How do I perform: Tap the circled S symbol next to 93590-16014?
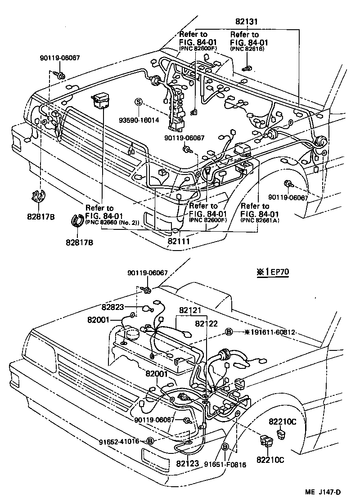139,102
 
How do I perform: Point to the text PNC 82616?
247,48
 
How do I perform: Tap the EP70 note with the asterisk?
272,273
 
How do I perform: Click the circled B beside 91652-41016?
150,441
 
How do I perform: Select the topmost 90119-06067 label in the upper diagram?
59,57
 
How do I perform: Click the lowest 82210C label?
271,460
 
